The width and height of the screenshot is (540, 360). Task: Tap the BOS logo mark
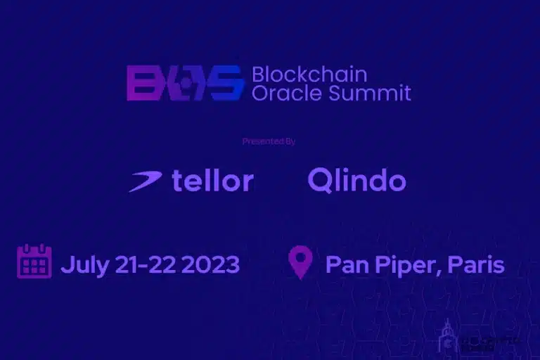coord(186,83)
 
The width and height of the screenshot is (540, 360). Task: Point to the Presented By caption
coord(269,141)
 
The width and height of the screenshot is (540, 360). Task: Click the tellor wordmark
coord(212,181)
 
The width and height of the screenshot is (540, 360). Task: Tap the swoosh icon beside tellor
coord(146,181)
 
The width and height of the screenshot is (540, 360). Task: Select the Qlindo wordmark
coord(356,181)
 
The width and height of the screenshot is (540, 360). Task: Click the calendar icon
coord(34,262)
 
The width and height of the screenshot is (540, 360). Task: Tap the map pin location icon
coord(301,262)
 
